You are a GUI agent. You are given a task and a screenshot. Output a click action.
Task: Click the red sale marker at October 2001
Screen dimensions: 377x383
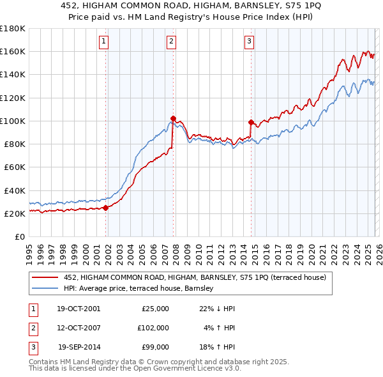(105, 208)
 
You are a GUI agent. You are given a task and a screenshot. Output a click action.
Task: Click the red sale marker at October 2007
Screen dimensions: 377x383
(173, 118)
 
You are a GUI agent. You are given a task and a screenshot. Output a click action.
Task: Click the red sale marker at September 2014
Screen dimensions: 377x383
(251, 121)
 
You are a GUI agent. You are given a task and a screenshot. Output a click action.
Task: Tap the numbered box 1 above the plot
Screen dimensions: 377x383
(104, 42)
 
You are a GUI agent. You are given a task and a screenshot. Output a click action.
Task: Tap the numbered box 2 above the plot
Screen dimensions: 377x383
(172, 42)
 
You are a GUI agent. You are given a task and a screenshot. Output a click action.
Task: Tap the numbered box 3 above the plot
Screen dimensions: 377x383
(249, 42)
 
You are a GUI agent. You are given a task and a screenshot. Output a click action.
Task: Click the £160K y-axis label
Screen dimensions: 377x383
(12, 51)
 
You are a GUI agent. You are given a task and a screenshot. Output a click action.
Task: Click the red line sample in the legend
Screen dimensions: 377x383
(47, 277)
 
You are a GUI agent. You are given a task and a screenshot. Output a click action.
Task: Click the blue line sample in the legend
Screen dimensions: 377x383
(47, 289)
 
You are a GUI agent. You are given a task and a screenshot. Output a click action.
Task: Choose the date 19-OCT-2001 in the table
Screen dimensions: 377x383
(78, 309)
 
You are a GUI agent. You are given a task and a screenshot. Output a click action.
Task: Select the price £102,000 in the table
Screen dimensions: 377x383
(153, 328)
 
